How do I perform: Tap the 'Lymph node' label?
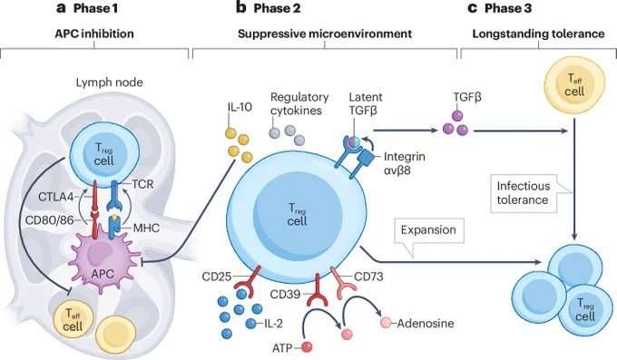click(110, 83)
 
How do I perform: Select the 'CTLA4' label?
click(56, 197)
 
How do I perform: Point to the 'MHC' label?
click(146, 228)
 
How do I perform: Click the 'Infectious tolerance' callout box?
click(524, 193)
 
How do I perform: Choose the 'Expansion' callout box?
click(428, 230)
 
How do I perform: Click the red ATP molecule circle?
click(307, 347)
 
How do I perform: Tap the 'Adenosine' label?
click(426, 324)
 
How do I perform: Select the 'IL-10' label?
click(240, 107)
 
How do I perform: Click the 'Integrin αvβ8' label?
click(404, 163)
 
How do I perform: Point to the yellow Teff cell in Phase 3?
click(574, 87)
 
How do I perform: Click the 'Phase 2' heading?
click(277, 9)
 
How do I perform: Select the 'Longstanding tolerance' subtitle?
click(538, 34)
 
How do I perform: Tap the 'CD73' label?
click(368, 277)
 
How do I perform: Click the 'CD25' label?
click(217, 277)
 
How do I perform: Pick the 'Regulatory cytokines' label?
click(299, 103)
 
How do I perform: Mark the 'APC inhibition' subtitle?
click(94, 34)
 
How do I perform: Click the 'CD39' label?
click(285, 294)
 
